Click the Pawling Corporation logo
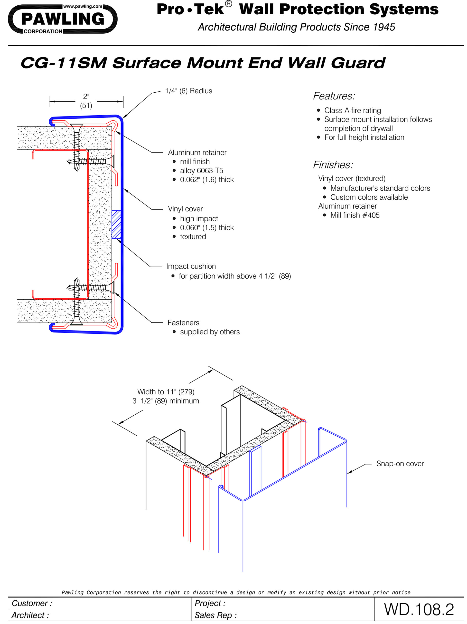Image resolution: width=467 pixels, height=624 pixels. (62, 19)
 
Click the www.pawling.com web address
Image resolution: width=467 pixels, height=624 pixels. (82, 6)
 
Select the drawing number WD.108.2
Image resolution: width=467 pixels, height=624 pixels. (419, 609)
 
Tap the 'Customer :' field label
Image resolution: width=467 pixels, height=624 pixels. (32, 603)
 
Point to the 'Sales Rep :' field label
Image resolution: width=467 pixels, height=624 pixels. (215, 615)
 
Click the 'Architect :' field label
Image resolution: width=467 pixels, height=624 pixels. (30, 615)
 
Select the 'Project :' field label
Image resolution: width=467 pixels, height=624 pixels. (210, 603)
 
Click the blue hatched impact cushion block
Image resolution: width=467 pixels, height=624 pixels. (116, 224)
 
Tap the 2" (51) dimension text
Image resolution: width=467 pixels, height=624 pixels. (86, 101)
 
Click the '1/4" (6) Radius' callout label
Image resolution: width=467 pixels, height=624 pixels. (188, 91)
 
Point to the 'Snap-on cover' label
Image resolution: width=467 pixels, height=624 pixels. (400, 463)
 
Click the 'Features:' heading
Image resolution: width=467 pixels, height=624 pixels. (334, 96)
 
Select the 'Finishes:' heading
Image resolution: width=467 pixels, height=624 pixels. (333, 165)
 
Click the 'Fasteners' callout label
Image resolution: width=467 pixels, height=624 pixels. (183, 323)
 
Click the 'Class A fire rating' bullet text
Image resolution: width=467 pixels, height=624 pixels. (352, 110)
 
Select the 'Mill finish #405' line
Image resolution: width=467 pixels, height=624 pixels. (355, 215)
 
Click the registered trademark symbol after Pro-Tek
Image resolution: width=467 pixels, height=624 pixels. (229, 4)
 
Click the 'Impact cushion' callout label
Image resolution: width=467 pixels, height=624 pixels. (191, 266)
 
